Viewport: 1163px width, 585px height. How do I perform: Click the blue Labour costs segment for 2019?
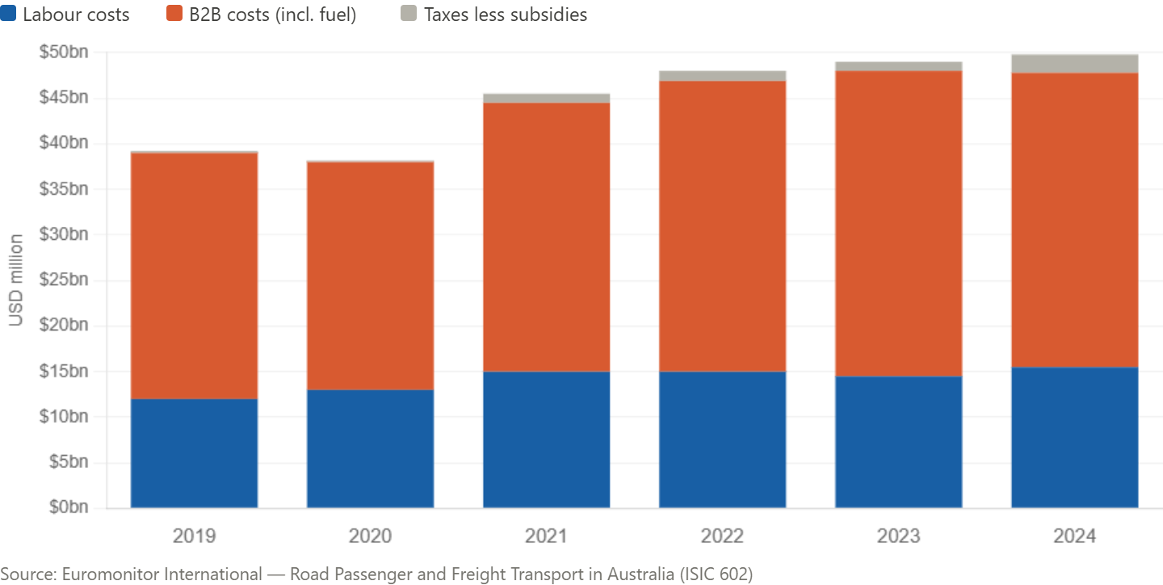coord(194,453)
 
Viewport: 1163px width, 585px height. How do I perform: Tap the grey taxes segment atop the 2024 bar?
coord(1074,64)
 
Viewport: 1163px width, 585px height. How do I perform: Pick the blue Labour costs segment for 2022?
coord(722,440)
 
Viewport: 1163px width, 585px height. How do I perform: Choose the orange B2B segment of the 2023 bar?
coord(898,224)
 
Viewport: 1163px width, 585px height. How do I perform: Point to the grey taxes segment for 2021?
coord(546,99)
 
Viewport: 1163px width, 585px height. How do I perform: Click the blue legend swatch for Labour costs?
coord(9,14)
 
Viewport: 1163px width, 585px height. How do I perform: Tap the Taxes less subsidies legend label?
coord(506,15)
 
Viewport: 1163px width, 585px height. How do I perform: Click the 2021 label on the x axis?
coord(546,536)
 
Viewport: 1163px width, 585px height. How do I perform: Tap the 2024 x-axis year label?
coord(1074,536)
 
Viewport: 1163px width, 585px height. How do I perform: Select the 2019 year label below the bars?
coord(194,536)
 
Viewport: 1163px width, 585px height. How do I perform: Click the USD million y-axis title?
coord(15,280)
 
